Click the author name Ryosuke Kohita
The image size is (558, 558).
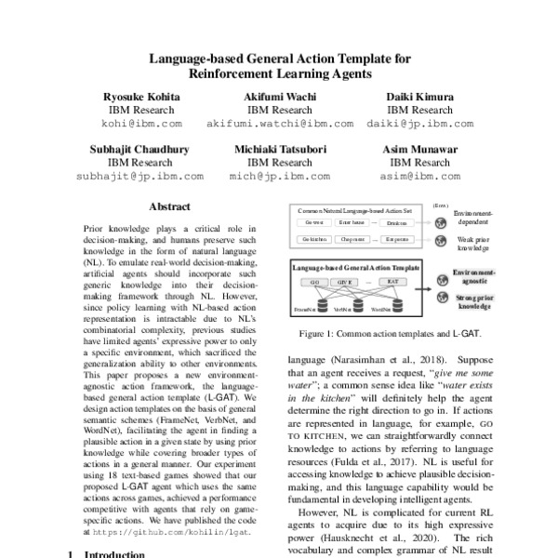(141, 96)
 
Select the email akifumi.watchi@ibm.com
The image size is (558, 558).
(279, 123)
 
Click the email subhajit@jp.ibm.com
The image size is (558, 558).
(141, 175)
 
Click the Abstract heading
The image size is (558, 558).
(169, 206)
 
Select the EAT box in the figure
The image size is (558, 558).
(393, 281)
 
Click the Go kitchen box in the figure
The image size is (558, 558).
(314, 240)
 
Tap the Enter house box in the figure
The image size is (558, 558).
(352, 222)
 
